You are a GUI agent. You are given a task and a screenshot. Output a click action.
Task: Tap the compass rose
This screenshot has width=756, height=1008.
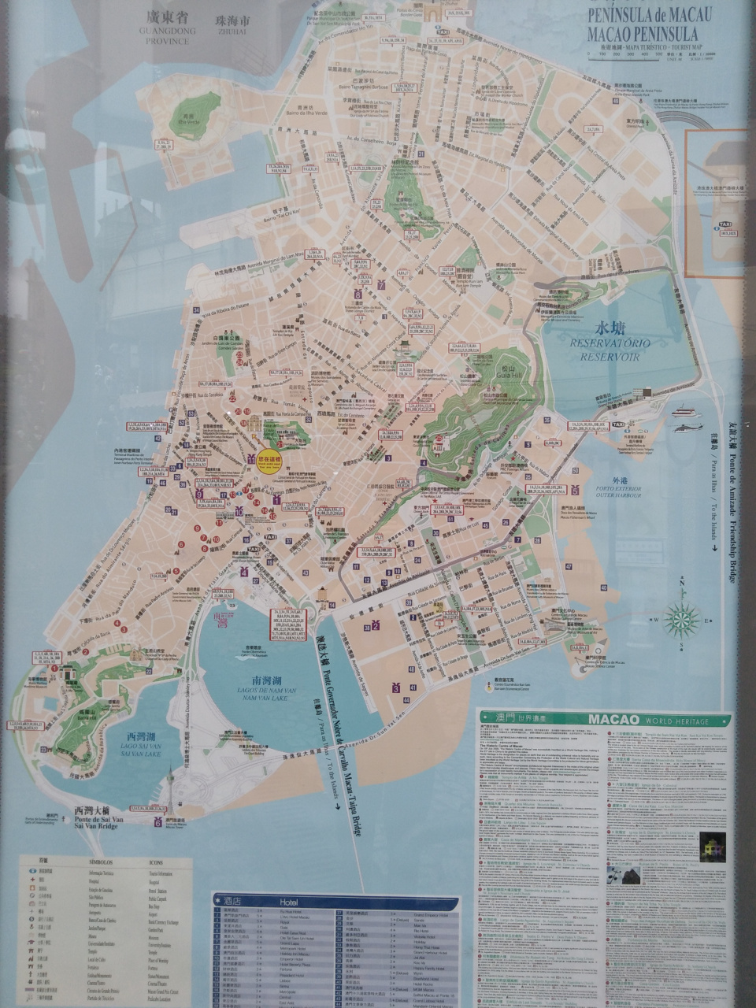pos(682,620)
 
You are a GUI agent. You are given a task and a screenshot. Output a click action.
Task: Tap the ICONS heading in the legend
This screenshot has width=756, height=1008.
pos(156,862)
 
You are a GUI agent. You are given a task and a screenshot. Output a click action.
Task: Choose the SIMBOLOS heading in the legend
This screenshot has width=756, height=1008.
pos(101,862)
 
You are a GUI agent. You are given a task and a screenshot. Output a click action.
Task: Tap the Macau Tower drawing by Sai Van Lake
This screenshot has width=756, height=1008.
pos(169,787)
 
